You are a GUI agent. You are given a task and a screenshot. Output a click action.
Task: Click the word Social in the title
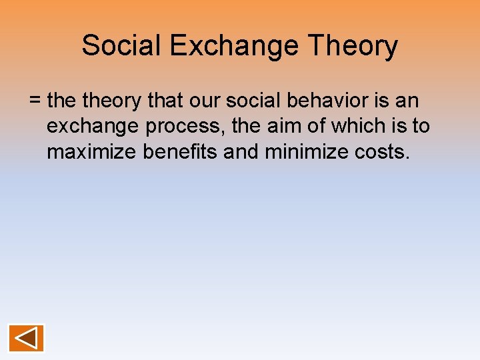(121, 46)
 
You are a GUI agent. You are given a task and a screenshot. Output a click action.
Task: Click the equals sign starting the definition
(35, 101)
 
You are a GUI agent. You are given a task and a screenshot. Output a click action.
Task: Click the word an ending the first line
(407, 101)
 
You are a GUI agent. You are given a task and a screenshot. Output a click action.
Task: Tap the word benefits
(181, 151)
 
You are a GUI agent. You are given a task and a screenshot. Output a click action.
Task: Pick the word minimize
(307, 151)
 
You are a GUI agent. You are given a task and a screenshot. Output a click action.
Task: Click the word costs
(382, 151)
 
